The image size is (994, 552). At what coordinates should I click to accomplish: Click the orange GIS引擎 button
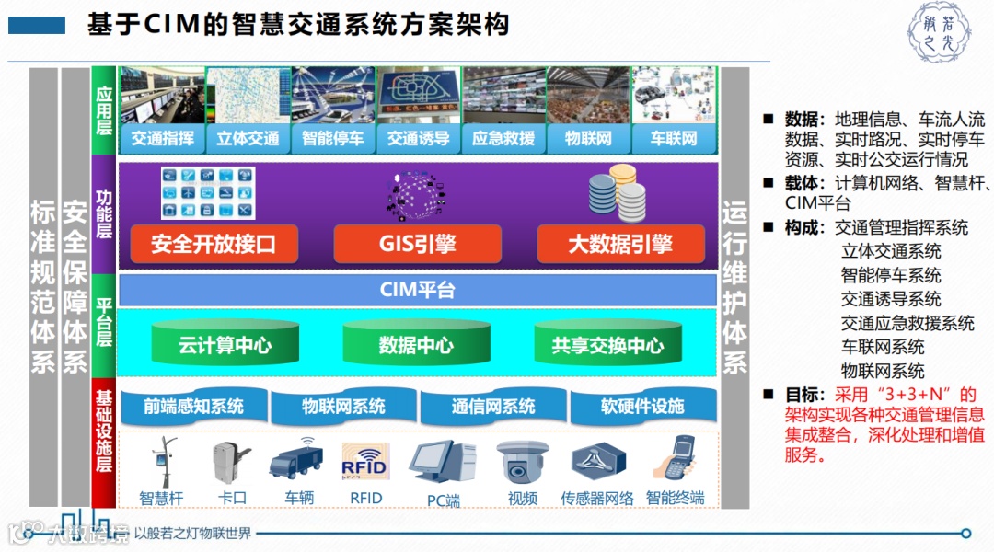tap(417, 245)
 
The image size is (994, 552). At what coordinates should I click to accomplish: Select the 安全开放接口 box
tap(213, 245)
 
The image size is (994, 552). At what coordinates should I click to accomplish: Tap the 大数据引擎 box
tap(620, 245)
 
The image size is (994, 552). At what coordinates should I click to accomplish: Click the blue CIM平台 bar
tap(418, 291)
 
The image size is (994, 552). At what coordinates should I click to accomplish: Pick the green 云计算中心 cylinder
tap(225, 345)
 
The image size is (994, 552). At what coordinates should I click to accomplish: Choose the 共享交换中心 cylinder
tap(607, 345)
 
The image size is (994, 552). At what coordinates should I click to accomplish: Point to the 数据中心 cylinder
tap(416, 345)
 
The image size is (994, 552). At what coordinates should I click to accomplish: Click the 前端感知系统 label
tap(193, 406)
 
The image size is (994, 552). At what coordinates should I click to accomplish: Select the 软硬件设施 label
tap(642, 406)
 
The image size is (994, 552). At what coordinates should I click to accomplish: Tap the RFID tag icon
tap(365, 462)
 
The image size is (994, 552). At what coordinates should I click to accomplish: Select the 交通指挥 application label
tap(162, 139)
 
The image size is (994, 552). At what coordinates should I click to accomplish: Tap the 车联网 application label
tap(674, 139)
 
